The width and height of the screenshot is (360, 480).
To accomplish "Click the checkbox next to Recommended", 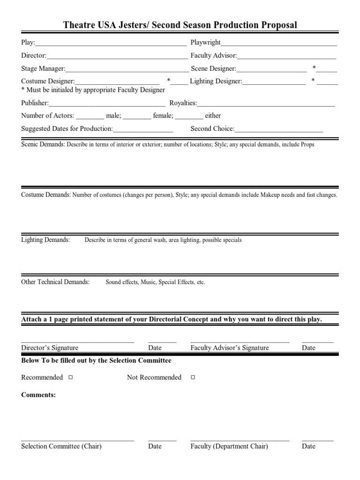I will pos(70,377).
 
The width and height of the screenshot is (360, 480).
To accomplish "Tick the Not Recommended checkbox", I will pos(193,377).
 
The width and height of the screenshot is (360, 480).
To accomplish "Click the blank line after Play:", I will pos(111,43).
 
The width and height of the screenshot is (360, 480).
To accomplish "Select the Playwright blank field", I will pos(279,43).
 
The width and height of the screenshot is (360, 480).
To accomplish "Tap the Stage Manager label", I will pos(43,68).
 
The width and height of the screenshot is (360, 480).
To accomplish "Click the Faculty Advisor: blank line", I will pos(286,56).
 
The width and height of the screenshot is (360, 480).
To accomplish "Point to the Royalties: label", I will pos(183,103).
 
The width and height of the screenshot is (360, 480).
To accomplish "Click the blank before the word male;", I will pos(90,116).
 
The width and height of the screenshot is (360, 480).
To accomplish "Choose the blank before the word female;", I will pos(137,116).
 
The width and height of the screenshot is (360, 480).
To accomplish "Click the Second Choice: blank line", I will pos(279,129).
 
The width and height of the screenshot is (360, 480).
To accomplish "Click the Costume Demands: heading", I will pos(46,195).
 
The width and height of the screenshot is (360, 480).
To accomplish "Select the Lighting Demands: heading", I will pos(45,240).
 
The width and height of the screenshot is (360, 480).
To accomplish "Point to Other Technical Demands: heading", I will pos(55,282).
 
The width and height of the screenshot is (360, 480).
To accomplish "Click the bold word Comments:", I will pos(38,395).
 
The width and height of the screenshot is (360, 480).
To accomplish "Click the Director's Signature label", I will pos(50,348).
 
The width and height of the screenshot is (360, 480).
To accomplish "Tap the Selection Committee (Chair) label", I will pos(61,446).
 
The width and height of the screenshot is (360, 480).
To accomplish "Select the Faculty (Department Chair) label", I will pos(229,446).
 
